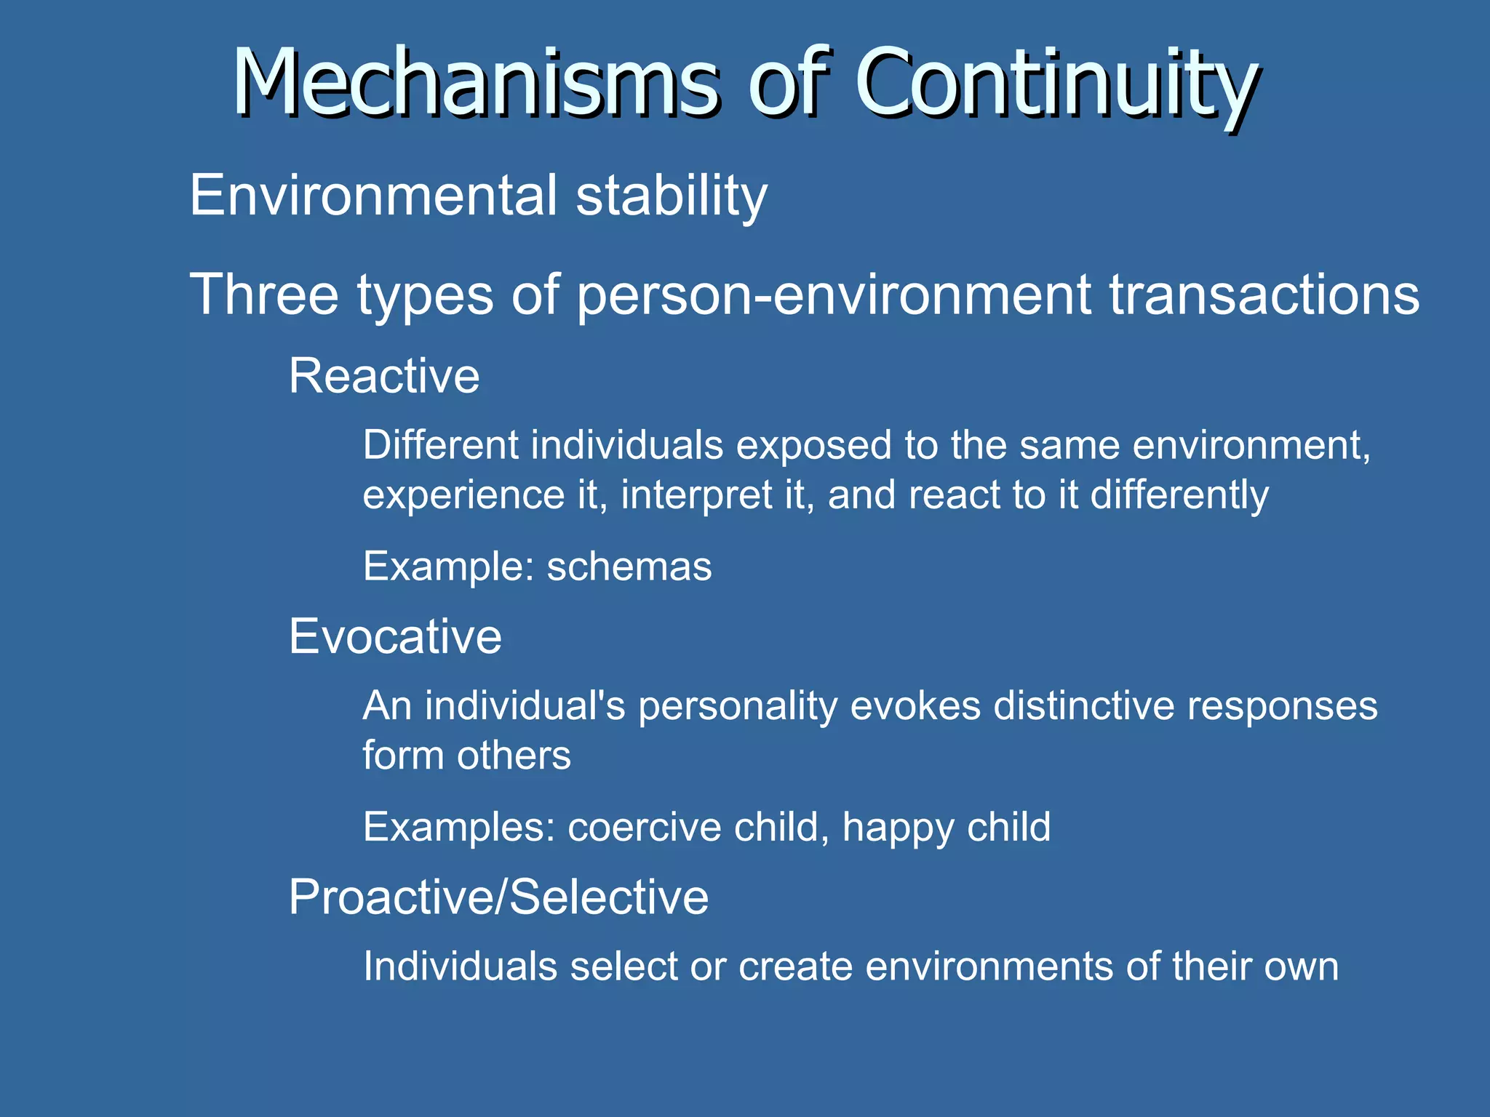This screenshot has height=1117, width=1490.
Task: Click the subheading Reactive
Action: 384,376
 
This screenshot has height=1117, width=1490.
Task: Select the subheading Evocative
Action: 395,636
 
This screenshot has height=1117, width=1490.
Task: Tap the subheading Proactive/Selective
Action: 498,897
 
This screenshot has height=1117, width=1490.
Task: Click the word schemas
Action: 629,566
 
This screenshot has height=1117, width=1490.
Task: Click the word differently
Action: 1179,496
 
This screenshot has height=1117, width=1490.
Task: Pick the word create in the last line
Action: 795,966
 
